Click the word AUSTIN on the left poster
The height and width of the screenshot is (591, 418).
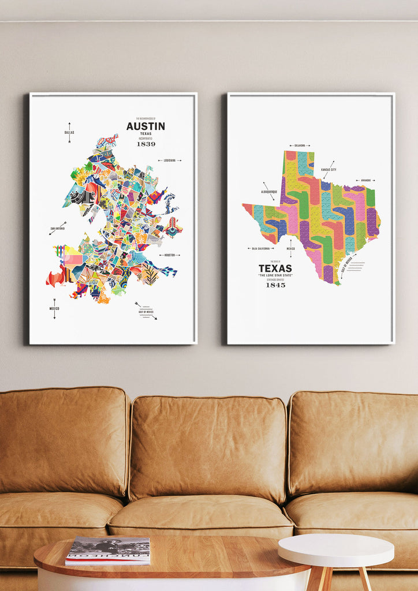[x=145, y=126]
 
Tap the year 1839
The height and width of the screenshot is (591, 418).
[x=146, y=144]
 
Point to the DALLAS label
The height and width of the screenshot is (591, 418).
[x=69, y=132]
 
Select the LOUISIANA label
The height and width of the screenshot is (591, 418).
[x=169, y=160]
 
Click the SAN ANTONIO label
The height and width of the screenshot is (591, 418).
[x=58, y=229]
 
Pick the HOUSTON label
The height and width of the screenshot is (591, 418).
[x=169, y=255]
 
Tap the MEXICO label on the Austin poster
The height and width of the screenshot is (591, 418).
[x=54, y=308]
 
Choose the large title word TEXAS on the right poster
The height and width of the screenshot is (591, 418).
[x=275, y=268]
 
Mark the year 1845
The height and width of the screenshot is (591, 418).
[x=275, y=285]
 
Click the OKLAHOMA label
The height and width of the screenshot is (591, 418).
[x=299, y=146]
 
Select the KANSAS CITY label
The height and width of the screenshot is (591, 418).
[x=329, y=170]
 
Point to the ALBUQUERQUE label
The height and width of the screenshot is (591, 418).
[x=269, y=191]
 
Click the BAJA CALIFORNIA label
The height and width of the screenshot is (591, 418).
[x=260, y=249]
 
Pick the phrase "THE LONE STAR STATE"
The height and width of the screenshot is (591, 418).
[x=275, y=275]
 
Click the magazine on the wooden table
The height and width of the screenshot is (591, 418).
[x=108, y=550]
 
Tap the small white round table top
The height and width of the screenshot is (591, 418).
[x=335, y=549]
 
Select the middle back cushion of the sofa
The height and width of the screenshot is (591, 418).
[x=208, y=447]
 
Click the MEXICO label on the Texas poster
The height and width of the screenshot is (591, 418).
[x=291, y=249]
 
